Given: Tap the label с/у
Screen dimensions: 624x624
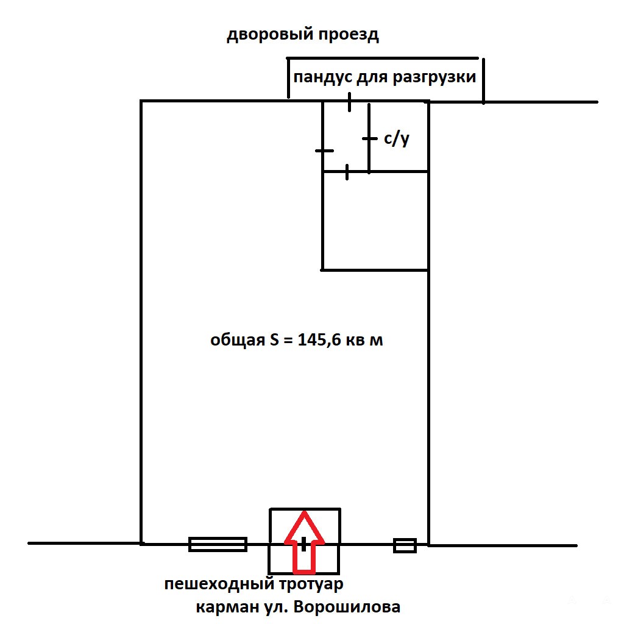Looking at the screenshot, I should point(396,139).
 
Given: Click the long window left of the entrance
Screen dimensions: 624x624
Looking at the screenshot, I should point(218,544).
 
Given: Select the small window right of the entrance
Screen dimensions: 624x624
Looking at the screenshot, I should point(405,545).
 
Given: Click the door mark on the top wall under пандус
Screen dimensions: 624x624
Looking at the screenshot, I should point(349,102).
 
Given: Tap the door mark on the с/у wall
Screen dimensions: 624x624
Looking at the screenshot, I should point(369,139).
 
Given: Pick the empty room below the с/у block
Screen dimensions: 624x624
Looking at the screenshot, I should point(375,221).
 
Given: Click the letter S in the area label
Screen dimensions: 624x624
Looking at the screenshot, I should point(274,341).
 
